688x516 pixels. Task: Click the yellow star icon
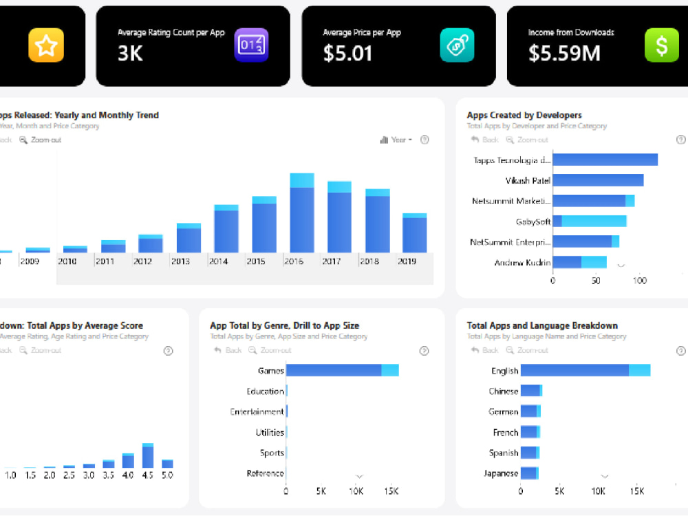pos(45,45)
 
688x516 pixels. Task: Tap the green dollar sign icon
pos(661,45)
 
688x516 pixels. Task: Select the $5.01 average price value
pos(347,53)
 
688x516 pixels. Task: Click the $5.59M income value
pos(564,53)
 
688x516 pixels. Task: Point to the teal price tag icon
pos(457,45)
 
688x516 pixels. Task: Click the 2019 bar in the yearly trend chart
pos(414,234)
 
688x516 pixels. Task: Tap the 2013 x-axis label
pos(180,261)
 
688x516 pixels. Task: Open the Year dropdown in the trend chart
pos(396,140)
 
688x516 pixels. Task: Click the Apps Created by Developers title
pos(524,115)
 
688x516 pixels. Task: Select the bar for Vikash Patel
pos(598,180)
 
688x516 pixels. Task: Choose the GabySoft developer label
pos(533,222)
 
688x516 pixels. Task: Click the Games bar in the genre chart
pos(341,370)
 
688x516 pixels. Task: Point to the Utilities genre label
pos(270,432)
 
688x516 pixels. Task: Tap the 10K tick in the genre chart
pos(356,491)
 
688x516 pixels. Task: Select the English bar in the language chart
pos(585,370)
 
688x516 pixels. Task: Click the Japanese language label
pos(500,473)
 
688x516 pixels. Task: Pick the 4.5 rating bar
pos(148,456)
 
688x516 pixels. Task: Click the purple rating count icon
pos(251,45)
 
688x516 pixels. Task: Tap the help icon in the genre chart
pos(424,351)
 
